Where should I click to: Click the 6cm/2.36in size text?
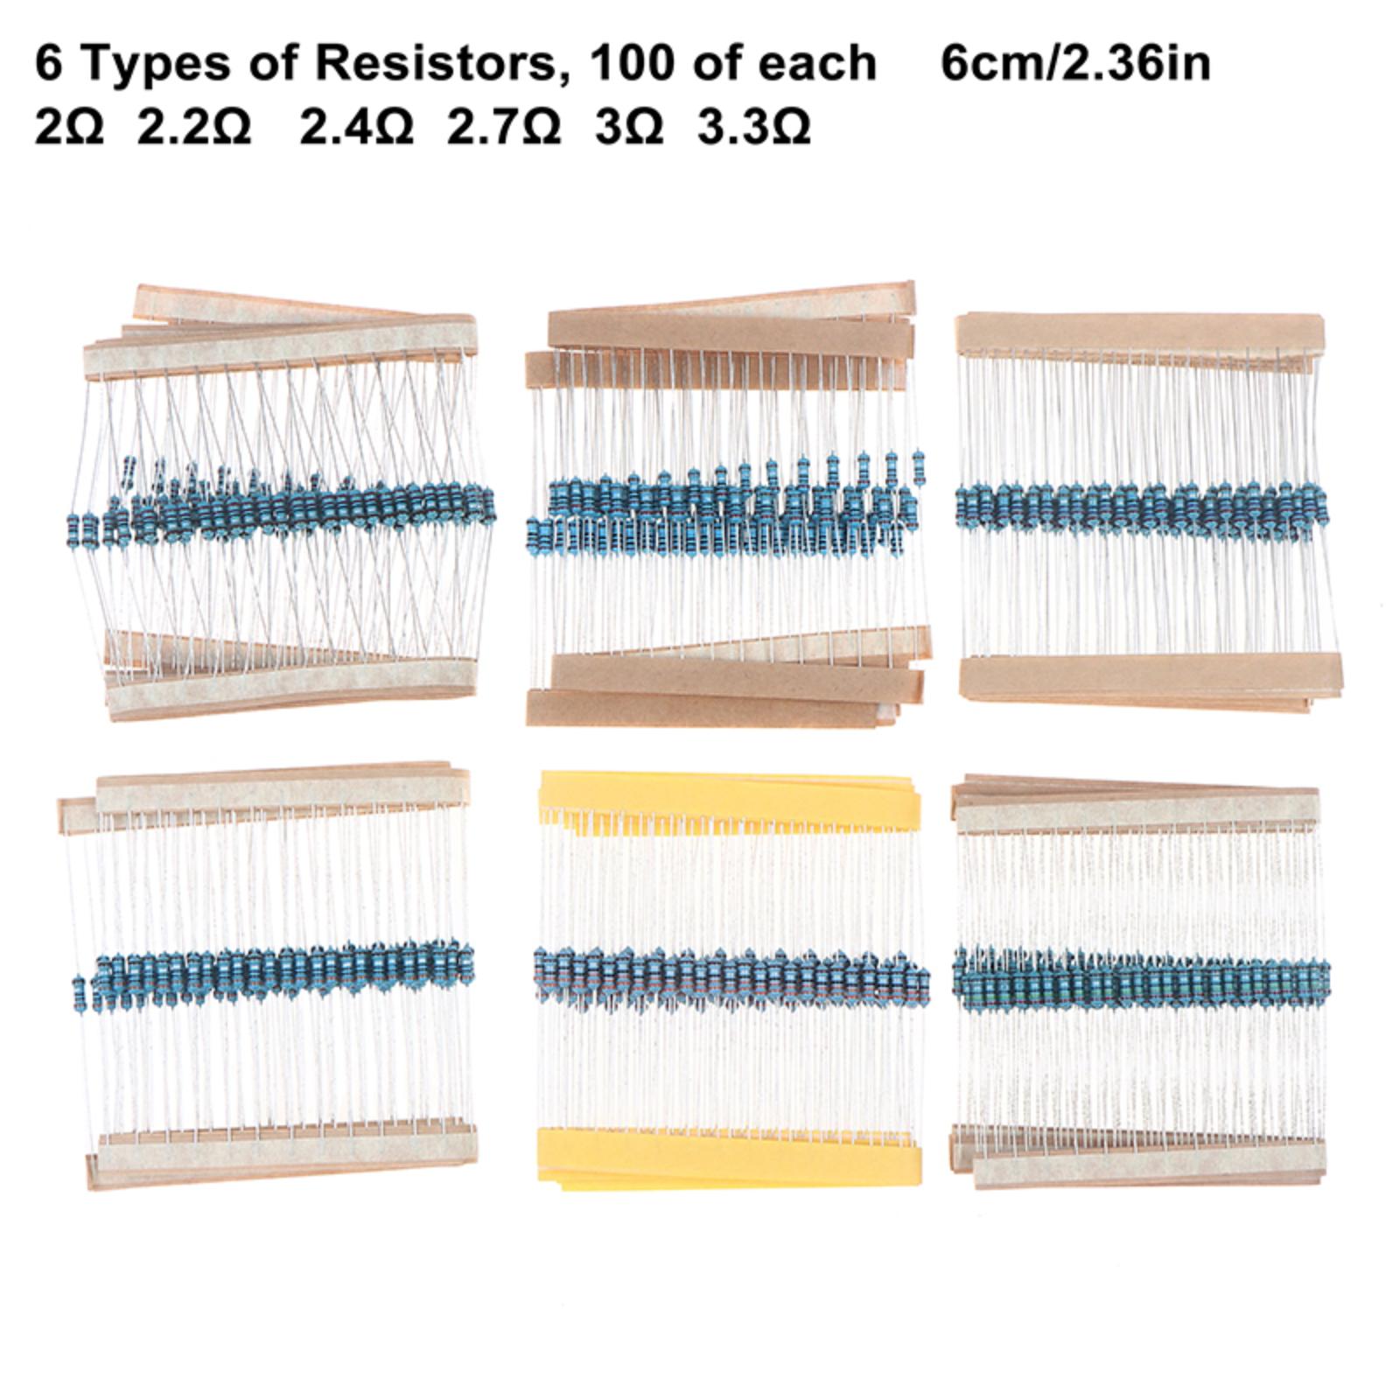(1075, 63)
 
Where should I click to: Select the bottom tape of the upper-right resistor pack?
(1149, 678)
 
